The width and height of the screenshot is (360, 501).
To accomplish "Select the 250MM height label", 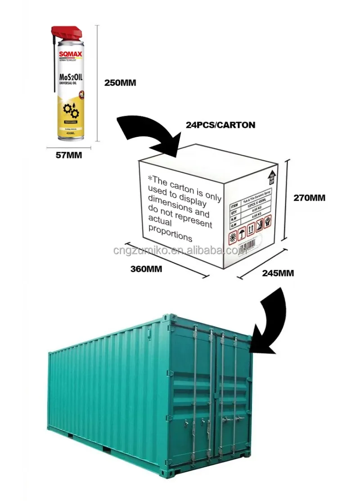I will click(x=120, y=83).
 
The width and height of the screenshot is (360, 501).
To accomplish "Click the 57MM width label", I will click(x=68, y=155).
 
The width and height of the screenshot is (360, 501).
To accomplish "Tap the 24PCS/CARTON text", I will click(x=220, y=125).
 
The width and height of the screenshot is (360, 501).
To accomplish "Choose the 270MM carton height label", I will click(x=309, y=197).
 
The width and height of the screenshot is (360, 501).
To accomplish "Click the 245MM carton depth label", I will click(x=278, y=273).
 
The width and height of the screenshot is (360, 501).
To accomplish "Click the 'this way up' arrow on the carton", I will click(x=271, y=177).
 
